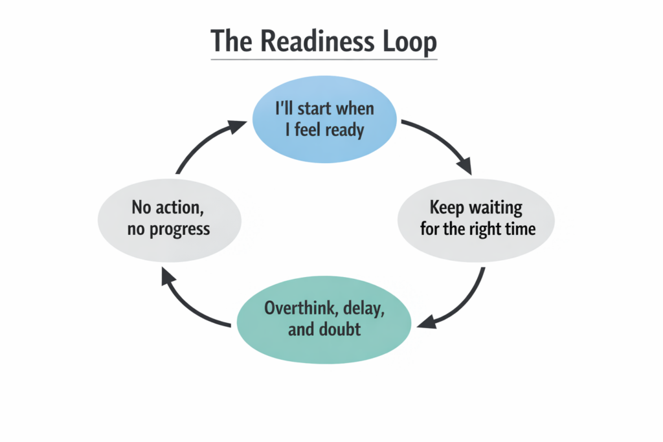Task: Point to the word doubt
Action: click(x=340, y=329)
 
